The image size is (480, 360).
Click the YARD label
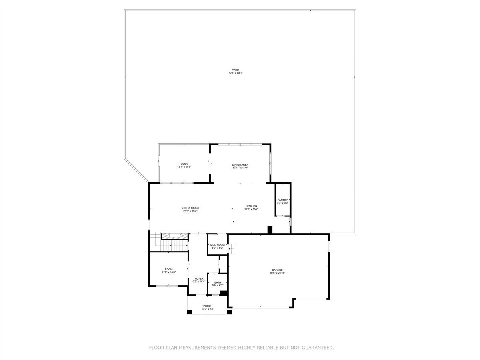tap(236, 70)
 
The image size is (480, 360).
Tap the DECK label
tap(184, 164)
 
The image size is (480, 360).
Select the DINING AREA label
tap(240, 164)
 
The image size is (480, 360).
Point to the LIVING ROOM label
tap(190, 208)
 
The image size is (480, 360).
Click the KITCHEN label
tap(252, 206)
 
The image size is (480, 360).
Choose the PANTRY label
tap(283, 200)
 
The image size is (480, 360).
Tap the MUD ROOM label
tap(217, 244)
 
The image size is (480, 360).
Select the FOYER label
tap(199, 278)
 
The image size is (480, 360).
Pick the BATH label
tap(217, 282)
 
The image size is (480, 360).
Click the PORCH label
tap(208, 306)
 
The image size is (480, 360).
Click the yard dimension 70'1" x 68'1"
tap(236, 73)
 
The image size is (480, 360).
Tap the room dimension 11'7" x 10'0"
tap(168, 272)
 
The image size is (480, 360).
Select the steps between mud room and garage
tap(231, 249)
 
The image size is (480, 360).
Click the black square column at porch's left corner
tap(189, 312)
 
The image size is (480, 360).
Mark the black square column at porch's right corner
tap(229, 312)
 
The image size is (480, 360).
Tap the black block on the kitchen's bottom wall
tap(270, 230)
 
